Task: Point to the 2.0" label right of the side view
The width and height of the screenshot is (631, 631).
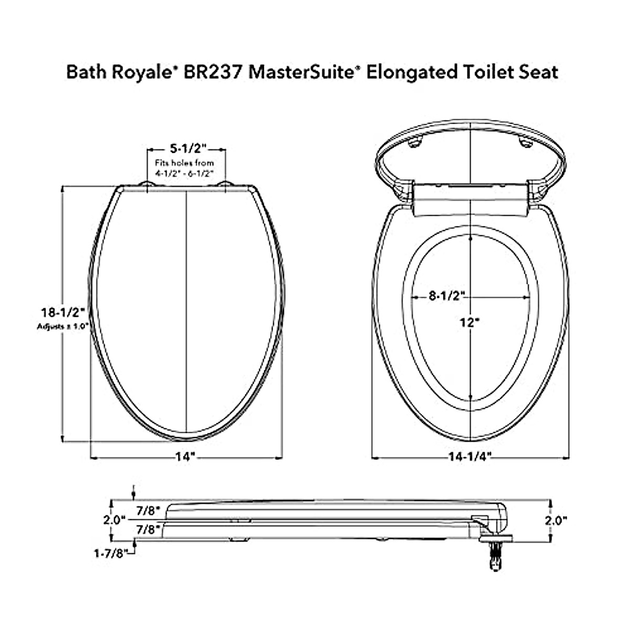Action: [556, 520]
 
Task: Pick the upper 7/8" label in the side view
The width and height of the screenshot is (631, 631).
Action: [147, 510]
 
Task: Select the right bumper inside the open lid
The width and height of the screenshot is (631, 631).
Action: [524, 142]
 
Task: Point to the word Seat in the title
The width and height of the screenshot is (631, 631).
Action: [539, 72]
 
